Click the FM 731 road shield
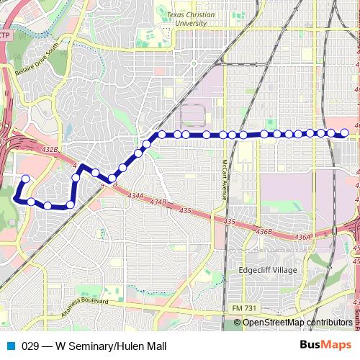pos(243,307)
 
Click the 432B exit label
pos(50,149)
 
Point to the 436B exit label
pos(264,231)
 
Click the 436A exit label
pos(302,237)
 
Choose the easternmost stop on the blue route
pos(344,132)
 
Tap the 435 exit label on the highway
pos(185,211)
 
